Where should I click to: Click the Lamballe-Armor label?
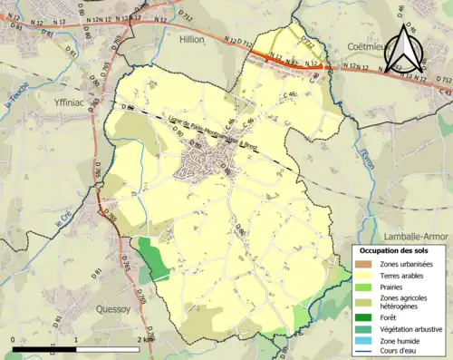pos(413,234)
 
